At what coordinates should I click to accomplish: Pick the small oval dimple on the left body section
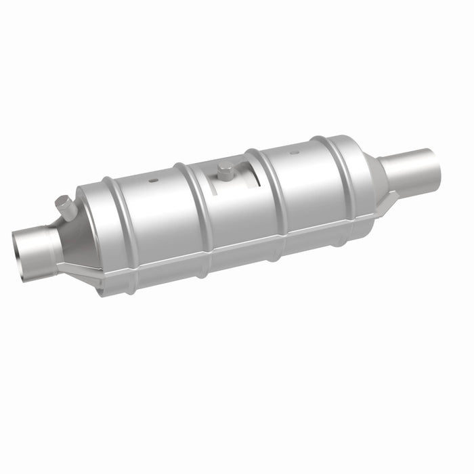coord(152,181)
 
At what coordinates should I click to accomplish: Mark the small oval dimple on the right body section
coord(295,153)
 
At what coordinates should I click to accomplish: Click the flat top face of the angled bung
coord(62,200)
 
